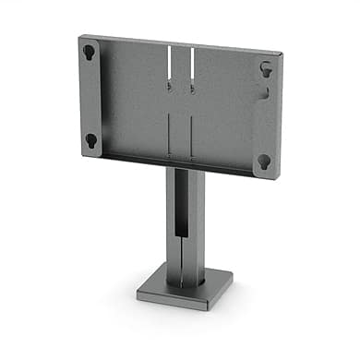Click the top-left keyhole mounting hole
[x=89, y=52]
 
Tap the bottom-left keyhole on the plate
[x=90, y=140]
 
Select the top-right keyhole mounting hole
[x=265, y=68]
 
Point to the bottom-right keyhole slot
[x=264, y=162]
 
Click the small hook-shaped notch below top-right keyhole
[x=265, y=92]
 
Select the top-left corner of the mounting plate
[x=80, y=35]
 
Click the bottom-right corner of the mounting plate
[x=280, y=177]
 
